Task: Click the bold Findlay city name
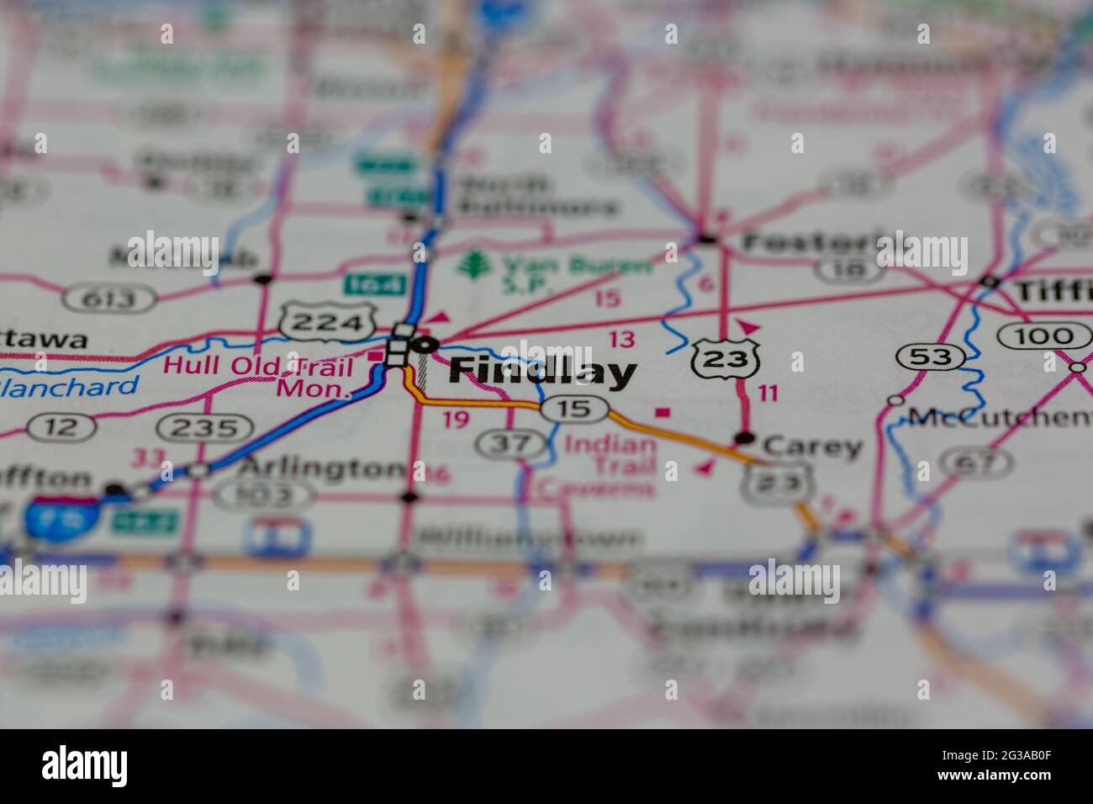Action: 541,372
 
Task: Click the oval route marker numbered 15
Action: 573,409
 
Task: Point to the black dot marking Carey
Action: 744,438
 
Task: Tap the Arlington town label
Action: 320,468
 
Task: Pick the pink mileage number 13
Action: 622,339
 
